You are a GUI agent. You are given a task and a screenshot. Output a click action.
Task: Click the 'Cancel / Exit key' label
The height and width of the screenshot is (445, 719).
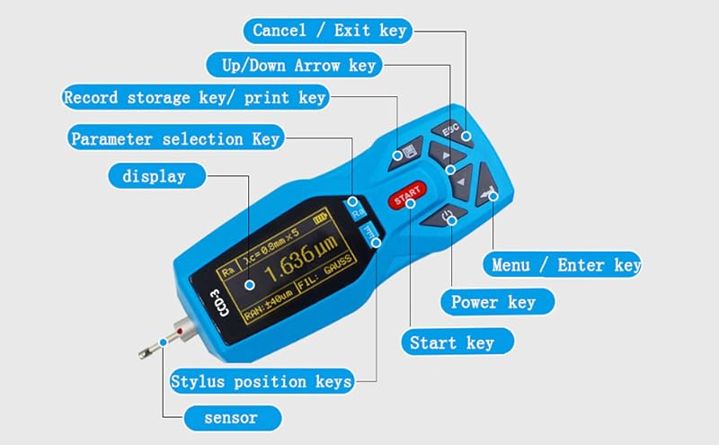tap(328, 31)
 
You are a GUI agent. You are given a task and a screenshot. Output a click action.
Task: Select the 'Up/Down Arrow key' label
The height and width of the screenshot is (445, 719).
tap(295, 65)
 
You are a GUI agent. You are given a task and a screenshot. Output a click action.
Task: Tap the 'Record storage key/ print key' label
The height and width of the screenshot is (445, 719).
tap(195, 97)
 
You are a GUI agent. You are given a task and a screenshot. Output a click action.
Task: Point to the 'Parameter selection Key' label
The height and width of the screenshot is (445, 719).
tap(176, 138)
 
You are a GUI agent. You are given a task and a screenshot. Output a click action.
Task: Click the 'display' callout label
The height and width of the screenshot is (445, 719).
tap(156, 175)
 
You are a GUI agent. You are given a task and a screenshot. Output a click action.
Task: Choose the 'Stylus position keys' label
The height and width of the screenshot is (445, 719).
tap(262, 381)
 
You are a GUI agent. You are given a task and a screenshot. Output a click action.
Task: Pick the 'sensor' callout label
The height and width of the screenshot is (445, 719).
tap(233, 418)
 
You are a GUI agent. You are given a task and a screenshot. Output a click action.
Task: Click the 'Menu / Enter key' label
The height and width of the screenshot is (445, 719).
tap(562, 264)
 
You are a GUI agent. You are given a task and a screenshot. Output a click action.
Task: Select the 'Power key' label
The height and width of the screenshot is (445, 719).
tap(498, 302)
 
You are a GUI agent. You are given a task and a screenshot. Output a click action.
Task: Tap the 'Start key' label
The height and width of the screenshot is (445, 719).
tap(457, 342)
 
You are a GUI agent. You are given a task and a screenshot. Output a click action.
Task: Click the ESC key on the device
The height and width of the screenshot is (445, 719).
tap(452, 130)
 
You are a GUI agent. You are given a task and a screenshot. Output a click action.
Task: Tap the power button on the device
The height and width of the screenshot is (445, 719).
tap(444, 216)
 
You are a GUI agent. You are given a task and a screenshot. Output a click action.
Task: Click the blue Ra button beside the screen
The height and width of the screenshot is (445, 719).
tap(356, 209)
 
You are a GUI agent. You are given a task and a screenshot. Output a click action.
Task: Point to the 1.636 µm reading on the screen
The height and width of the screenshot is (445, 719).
tap(301, 259)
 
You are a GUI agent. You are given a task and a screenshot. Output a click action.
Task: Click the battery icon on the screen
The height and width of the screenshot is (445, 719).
tap(321, 218)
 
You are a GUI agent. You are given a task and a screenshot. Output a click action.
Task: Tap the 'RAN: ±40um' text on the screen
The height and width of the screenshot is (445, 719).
tap(268, 305)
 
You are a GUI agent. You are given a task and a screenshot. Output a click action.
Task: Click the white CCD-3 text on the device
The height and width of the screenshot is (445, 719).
tap(218, 302)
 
